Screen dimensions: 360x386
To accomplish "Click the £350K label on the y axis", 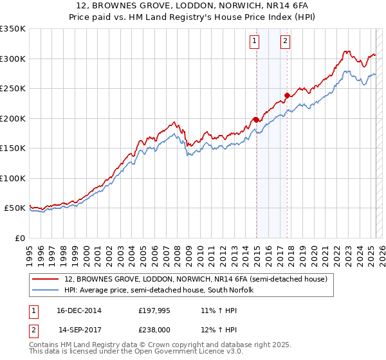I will point(13,29).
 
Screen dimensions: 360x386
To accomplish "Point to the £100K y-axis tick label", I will point(13,178).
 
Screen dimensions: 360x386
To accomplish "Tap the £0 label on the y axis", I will point(19,238).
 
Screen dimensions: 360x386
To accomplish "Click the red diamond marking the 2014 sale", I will point(256,119).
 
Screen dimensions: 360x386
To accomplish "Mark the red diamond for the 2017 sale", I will point(287,96).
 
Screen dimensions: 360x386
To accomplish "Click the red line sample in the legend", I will point(46,279).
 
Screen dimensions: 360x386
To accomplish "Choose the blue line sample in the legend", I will point(46,290).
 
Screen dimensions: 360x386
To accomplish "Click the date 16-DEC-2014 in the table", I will point(80,310).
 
